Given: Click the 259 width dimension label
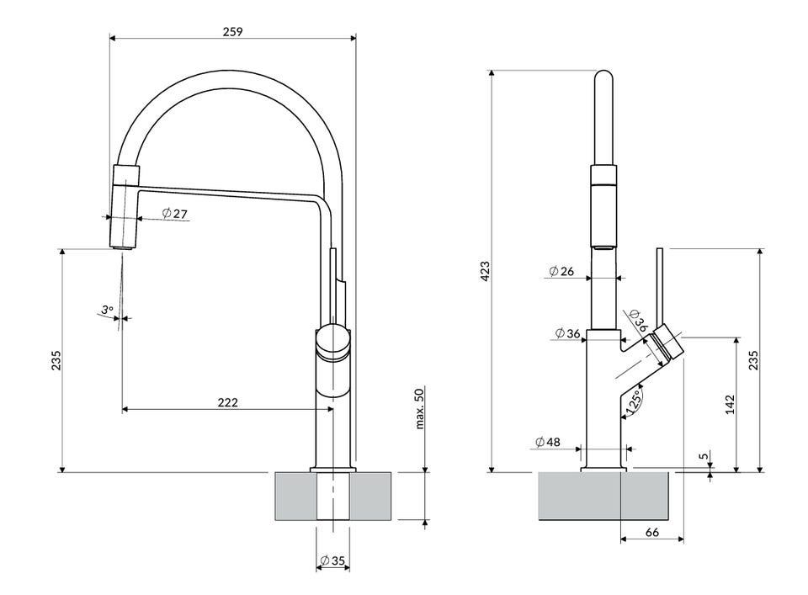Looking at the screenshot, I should [x=233, y=31].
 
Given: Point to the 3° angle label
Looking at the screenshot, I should [x=106, y=310].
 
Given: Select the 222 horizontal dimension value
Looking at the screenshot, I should [x=227, y=402].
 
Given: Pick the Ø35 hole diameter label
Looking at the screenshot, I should [x=332, y=561].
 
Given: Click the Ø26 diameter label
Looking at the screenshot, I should [x=561, y=271].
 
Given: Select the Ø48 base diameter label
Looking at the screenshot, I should [x=547, y=442].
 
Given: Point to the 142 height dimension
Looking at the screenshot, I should [x=730, y=404].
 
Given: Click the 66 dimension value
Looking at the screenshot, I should [x=651, y=532].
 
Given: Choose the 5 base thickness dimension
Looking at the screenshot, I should [x=703, y=457].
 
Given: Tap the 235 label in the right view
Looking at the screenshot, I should [x=753, y=360].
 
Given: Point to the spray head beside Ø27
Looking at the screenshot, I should [x=124, y=207].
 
